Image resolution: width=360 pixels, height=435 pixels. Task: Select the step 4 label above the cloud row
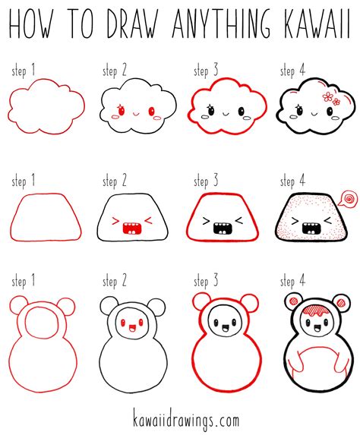click(x=292, y=72)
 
